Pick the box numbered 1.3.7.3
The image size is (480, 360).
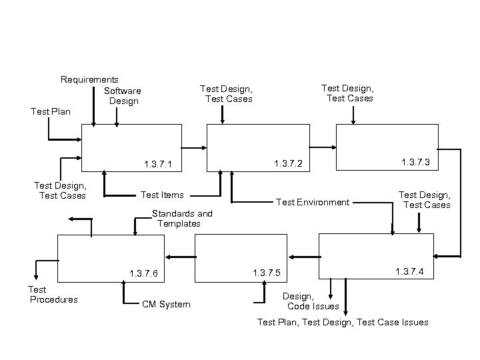[x=387, y=147]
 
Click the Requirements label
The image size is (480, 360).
[x=89, y=79]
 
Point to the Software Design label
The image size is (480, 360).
[x=123, y=96]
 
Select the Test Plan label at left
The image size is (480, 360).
[x=50, y=111]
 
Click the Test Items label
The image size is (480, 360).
[x=162, y=195]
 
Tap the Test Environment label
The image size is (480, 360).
[x=313, y=202]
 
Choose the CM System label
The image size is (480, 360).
[x=166, y=305]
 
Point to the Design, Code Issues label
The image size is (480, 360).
[x=311, y=301]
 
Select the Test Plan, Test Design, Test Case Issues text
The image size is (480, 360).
[x=343, y=323]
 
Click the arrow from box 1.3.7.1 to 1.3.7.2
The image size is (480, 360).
[x=194, y=148]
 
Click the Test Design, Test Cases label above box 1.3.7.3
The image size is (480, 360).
[x=348, y=93]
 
